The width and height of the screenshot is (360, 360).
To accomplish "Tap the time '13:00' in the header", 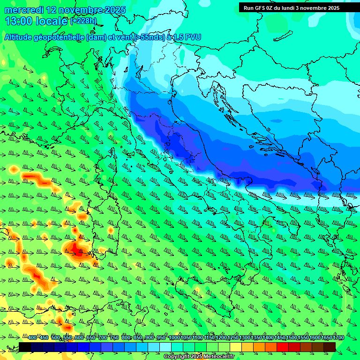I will coord(18,21).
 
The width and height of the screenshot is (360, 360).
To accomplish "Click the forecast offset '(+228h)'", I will coord(84,21).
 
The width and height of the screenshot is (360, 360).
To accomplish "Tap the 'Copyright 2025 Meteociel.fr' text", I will coord(199,357).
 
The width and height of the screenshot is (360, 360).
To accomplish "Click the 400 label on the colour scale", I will coord(32,338).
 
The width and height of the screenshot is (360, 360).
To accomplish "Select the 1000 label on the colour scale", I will coord(174,338).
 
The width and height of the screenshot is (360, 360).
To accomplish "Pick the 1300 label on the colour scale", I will coord(245,338).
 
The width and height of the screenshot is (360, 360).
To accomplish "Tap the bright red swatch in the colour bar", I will coord(283,347).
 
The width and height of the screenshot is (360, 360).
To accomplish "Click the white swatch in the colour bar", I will coord(165,347).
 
